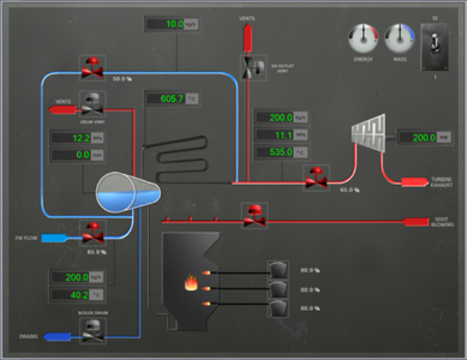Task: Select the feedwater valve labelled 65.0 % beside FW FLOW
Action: click(93, 231)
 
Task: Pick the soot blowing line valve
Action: click(254, 215)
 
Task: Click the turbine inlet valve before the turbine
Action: click(316, 177)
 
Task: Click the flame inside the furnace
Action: click(190, 284)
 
